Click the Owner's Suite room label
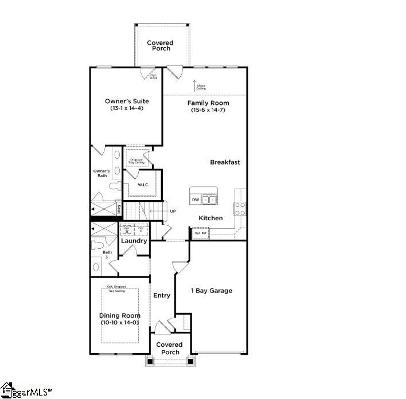tap(127, 101)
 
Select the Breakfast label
tap(225, 162)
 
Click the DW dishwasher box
tap(196, 199)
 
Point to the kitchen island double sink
tap(209, 199)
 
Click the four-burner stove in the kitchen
tap(240, 208)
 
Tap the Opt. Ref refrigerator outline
tap(200, 233)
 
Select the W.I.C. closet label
tap(143, 185)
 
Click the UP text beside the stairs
tap(173, 212)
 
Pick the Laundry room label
tap(134, 241)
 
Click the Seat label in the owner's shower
tap(119, 209)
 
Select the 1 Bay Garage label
tap(212, 291)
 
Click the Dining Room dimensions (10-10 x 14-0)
tap(120, 323)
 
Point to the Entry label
tap(162, 295)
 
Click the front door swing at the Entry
tap(161, 327)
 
